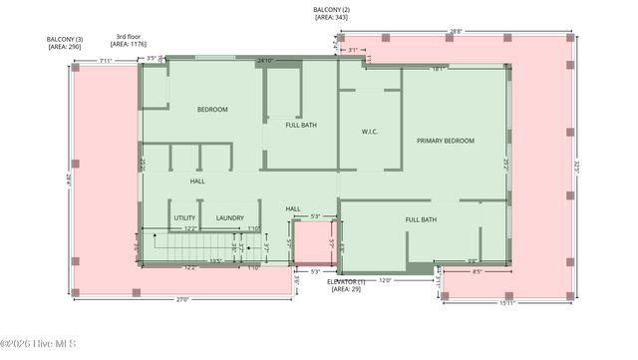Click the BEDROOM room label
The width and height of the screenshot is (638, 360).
(x=211, y=110)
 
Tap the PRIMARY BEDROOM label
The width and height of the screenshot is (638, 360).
(x=445, y=141)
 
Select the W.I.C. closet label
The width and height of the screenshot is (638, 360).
(x=369, y=132)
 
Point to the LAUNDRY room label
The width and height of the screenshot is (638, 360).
(x=230, y=217)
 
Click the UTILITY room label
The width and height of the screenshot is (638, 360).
(x=184, y=217)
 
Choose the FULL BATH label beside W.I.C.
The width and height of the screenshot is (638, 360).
(x=301, y=126)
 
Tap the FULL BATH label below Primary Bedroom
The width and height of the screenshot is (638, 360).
(x=421, y=218)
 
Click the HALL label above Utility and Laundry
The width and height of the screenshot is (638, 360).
(x=198, y=181)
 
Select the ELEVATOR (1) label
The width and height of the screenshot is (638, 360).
(x=352, y=282)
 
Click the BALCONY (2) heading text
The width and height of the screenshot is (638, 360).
(x=331, y=9)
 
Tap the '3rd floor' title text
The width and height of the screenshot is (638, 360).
(x=128, y=36)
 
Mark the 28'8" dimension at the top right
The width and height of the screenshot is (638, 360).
(x=456, y=32)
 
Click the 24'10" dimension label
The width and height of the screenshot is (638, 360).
(x=265, y=61)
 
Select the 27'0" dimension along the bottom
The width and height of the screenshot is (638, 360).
(x=182, y=298)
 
